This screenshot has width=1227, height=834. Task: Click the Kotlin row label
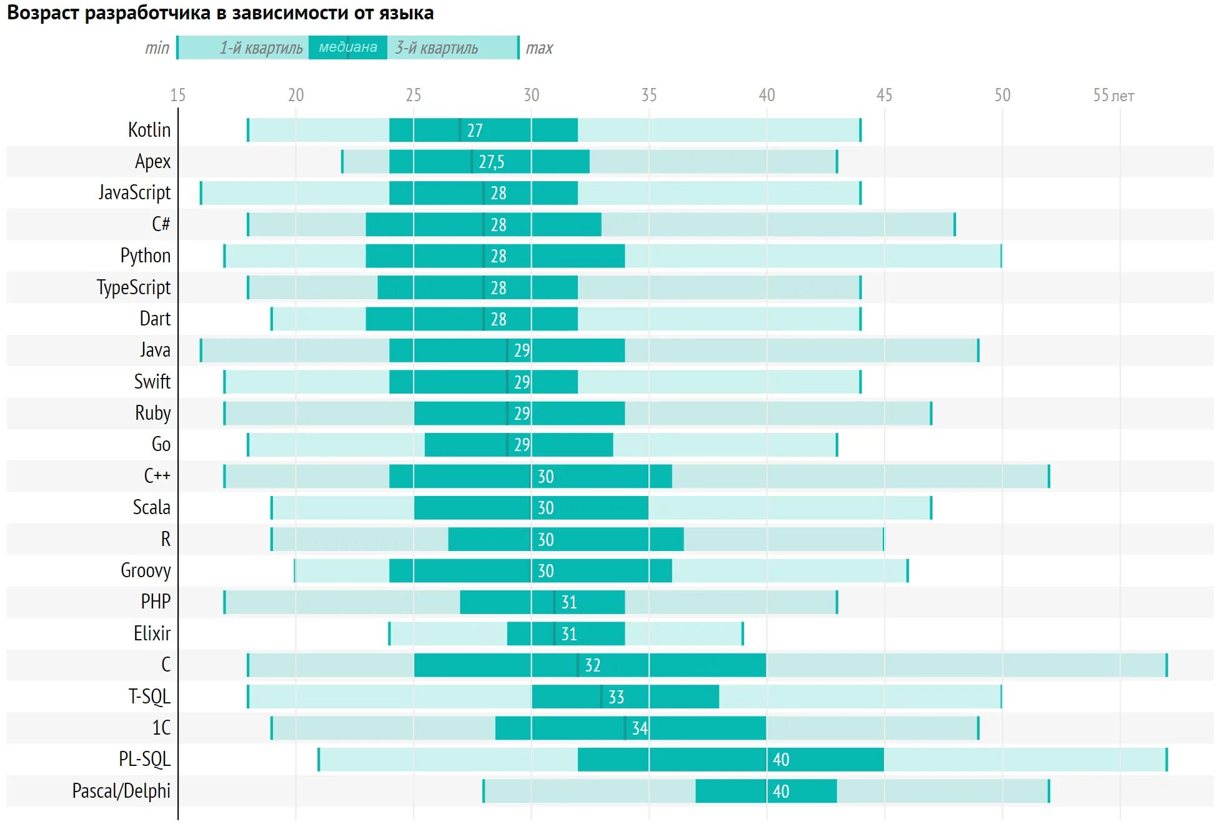tap(149, 130)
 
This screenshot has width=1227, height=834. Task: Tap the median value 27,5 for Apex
tap(491, 162)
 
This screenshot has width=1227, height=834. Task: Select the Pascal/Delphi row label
tap(121, 791)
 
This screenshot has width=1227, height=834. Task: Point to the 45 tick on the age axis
tap(884, 95)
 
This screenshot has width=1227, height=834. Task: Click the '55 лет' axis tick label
tap(1113, 96)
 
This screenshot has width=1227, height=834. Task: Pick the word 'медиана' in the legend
tap(348, 47)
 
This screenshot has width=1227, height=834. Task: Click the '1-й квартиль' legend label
tap(261, 48)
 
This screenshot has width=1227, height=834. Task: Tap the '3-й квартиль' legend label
tap(436, 48)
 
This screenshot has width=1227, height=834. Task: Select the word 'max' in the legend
tap(539, 48)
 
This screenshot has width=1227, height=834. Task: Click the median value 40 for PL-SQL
tap(781, 760)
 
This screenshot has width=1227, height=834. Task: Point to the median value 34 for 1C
tap(639, 728)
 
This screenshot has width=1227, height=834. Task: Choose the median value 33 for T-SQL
tap(616, 697)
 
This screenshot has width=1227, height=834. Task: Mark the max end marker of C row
tap(1166, 665)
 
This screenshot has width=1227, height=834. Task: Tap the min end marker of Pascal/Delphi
tap(484, 791)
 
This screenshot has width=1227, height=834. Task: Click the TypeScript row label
tap(134, 287)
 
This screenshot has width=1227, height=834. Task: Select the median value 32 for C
tap(592, 665)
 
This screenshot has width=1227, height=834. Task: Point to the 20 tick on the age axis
tap(296, 95)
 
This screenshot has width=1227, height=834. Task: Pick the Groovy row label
tap(146, 570)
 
